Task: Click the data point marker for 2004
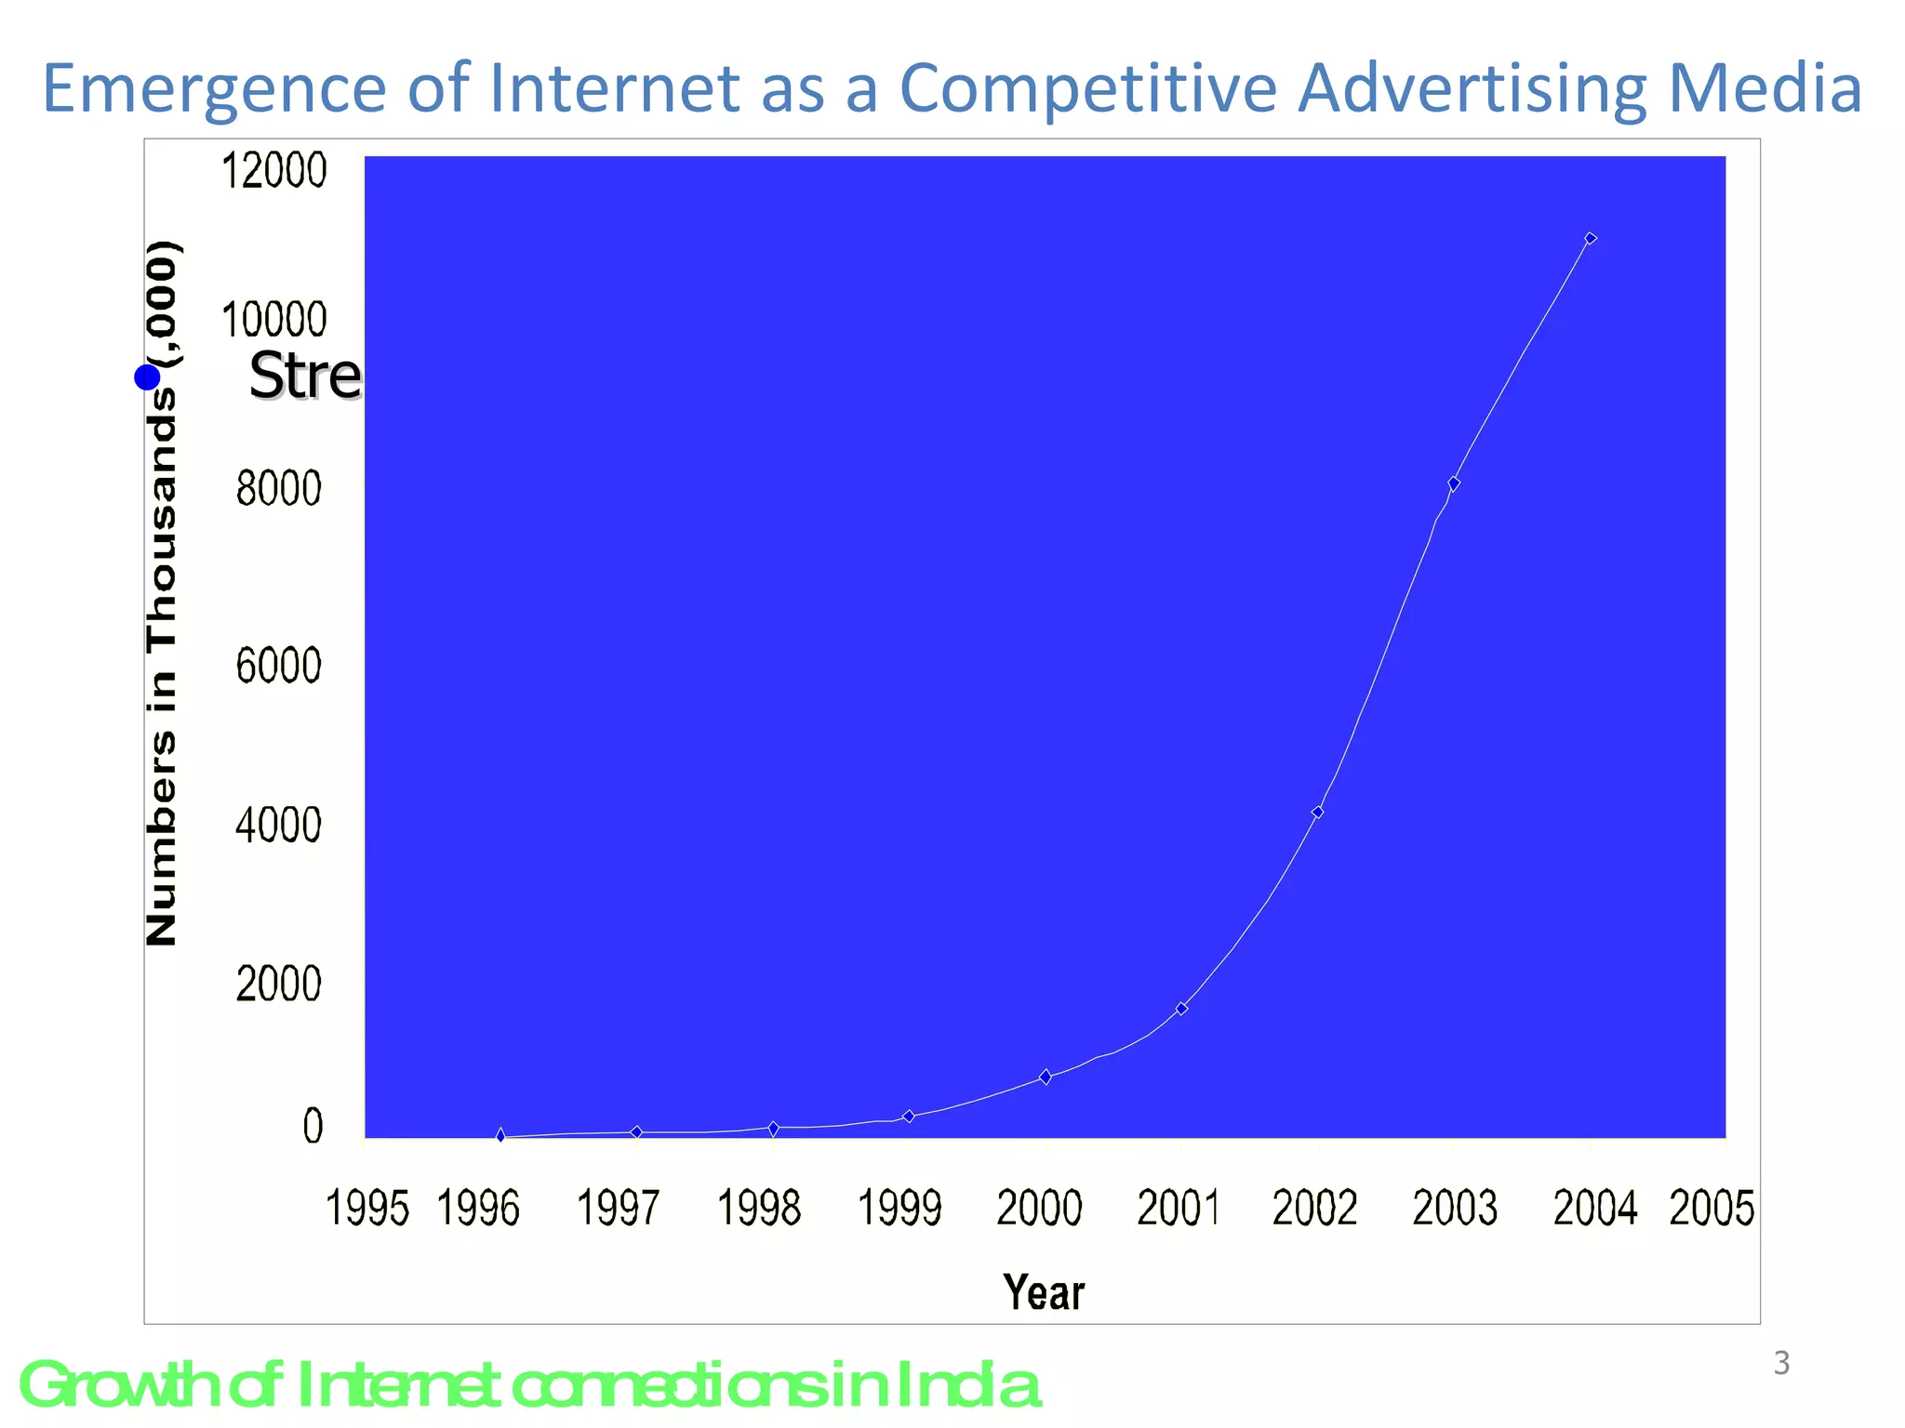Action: click(x=1590, y=239)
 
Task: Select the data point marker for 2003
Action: click(x=1454, y=483)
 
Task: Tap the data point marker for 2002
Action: click(x=1317, y=812)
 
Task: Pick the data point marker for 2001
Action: click(x=1181, y=1008)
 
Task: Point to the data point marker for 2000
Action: click(x=1046, y=1077)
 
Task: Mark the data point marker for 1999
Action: click(x=909, y=1116)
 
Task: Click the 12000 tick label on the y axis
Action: click(x=273, y=171)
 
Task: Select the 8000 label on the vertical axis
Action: click(x=278, y=488)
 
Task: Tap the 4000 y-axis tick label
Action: click(x=278, y=825)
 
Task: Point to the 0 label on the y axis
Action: click(x=313, y=1126)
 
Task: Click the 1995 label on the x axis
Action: click(x=366, y=1209)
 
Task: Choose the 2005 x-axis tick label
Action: click(x=1712, y=1209)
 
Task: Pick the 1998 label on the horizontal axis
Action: click(x=758, y=1209)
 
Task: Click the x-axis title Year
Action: click(x=1044, y=1292)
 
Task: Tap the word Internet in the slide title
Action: click(x=614, y=88)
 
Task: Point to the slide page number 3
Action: click(x=1781, y=1363)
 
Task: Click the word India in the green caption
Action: click(x=967, y=1385)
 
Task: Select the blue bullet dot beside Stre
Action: click(x=147, y=377)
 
